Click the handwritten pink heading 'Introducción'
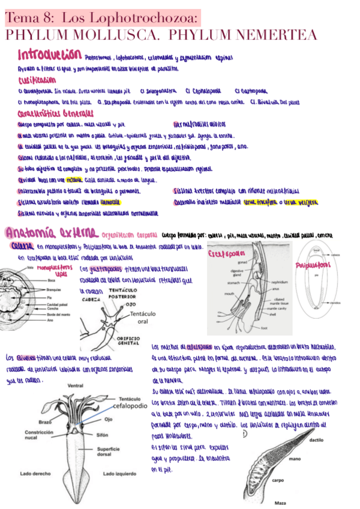pos(50,55)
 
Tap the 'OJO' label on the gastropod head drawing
pos(130,304)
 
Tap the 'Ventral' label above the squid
pos(75,386)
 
